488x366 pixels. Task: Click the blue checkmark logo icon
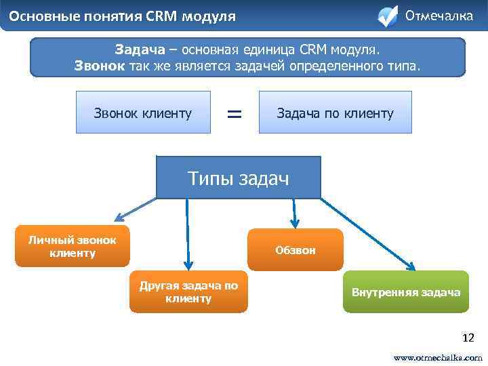387,16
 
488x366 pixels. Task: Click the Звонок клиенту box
142,113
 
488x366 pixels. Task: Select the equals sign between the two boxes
234,113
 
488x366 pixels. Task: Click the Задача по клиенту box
335,113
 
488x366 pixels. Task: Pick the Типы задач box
238,178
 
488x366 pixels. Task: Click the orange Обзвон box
295,250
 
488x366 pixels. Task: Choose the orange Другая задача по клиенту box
188,292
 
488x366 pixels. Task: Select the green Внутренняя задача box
405,292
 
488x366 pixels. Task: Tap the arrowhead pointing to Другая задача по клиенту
188,266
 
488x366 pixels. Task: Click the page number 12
468,337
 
